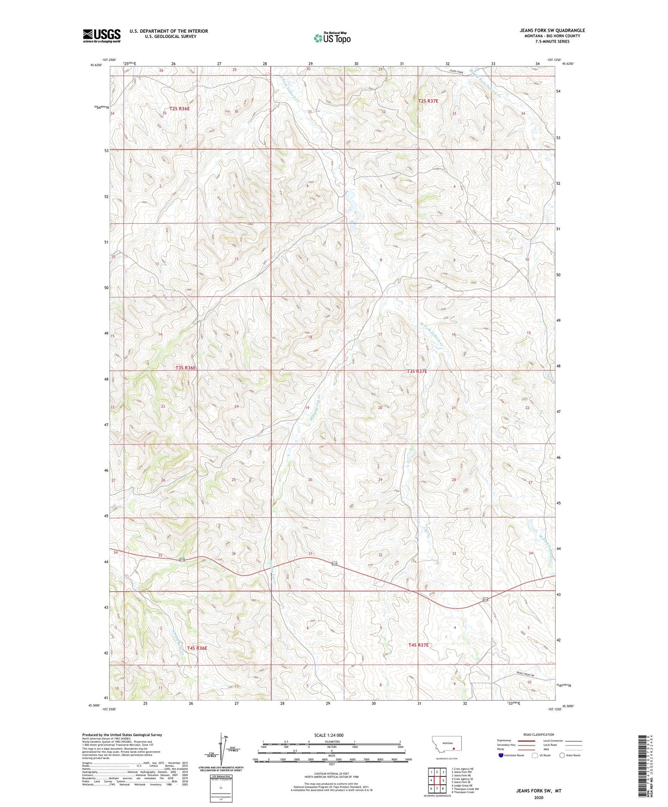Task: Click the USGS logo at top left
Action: [x=101, y=36]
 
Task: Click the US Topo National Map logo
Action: [x=331, y=38]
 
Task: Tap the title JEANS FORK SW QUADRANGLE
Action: [x=552, y=31]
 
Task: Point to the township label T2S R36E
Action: [x=179, y=109]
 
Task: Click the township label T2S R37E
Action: [x=428, y=101]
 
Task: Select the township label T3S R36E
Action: [x=185, y=368]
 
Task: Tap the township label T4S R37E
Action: [x=418, y=645]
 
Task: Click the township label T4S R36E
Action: [x=197, y=648]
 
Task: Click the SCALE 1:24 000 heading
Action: [x=329, y=735]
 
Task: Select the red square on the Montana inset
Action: [x=454, y=749]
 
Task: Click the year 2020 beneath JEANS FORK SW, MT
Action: [x=539, y=797]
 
